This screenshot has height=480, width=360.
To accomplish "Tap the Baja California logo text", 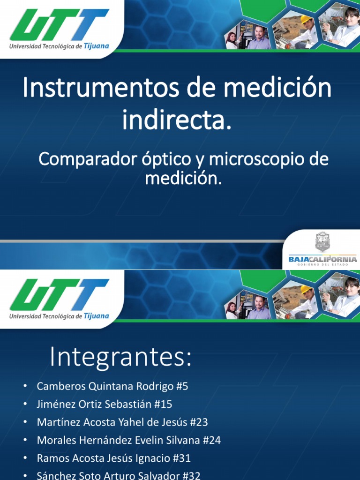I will pyautogui.click(x=322, y=259).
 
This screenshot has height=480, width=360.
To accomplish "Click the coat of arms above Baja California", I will pyautogui.click(x=322, y=242).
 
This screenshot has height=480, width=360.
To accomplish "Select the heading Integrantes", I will pyautogui.click(x=120, y=358).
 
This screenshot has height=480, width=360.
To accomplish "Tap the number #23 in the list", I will pyautogui.click(x=199, y=422).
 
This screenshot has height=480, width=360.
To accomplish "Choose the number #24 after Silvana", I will pyautogui.click(x=211, y=440).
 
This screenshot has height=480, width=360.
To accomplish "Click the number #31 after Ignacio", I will pyautogui.click(x=181, y=458).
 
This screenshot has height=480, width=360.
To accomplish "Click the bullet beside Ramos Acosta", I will pyautogui.click(x=25, y=458).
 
